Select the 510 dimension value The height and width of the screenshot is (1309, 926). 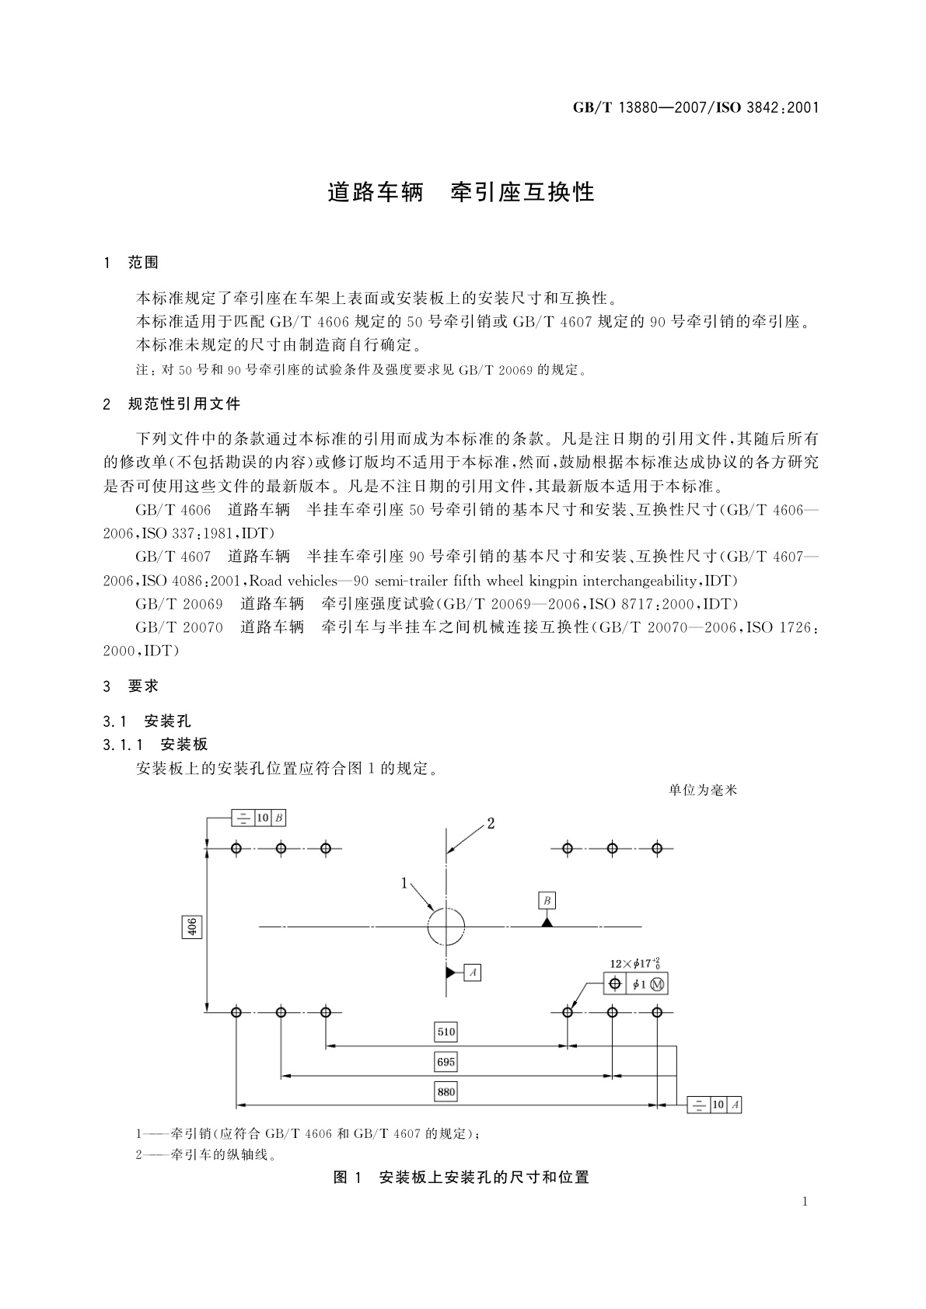(446, 1032)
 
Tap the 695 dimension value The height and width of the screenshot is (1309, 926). (446, 1062)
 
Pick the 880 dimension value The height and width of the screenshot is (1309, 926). (446, 1091)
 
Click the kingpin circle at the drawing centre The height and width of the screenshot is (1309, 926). (446, 927)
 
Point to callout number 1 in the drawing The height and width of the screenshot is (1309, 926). (404, 882)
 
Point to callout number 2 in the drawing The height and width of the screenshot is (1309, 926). (491, 823)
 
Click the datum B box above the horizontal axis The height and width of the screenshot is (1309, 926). (547, 901)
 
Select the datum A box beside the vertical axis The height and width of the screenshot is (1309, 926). (473, 972)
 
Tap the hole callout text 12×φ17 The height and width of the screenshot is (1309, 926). (634, 964)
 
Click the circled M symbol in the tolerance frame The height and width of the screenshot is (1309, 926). (658, 985)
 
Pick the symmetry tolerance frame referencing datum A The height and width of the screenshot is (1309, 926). (714, 1105)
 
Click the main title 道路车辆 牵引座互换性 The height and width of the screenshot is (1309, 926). (461, 192)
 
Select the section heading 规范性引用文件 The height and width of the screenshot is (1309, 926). (184, 403)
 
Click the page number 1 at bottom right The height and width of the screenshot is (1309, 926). (805, 1202)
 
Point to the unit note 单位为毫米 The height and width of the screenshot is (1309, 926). (702, 791)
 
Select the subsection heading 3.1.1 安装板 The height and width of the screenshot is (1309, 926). (155, 744)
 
